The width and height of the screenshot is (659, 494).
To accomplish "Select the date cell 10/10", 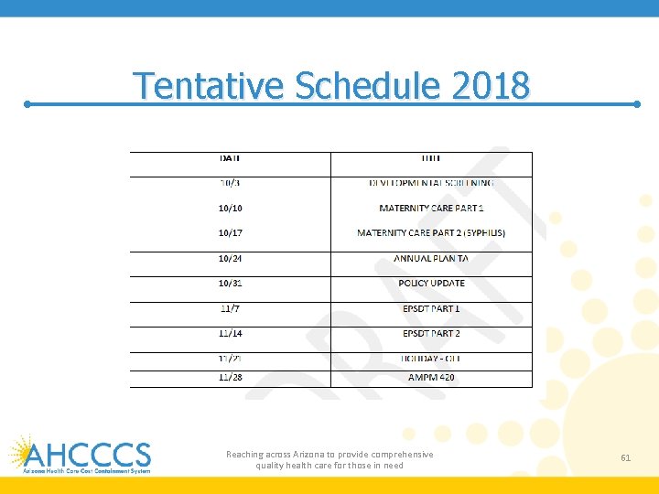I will (230, 209).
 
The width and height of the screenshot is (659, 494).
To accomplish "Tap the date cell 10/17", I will (230, 233).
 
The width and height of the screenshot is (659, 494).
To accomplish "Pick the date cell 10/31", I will (230, 284).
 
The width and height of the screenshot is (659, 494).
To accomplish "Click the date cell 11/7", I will (230, 308).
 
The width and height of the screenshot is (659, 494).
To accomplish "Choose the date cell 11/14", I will (230, 334).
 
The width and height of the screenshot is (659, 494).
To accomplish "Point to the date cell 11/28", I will (230, 377).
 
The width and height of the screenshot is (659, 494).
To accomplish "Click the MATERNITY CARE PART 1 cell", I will (430, 209).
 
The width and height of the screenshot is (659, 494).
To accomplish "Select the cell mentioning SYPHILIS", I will (430, 233).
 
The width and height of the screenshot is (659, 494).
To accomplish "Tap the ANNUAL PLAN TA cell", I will (430, 259).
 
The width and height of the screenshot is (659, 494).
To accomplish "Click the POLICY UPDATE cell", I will (431, 284).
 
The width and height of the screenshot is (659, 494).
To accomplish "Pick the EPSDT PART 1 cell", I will (431, 308).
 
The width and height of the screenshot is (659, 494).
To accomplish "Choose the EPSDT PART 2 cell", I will (431, 334).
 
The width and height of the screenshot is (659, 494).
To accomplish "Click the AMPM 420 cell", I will (431, 377).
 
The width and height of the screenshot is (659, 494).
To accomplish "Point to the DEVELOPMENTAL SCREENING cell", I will (430, 183).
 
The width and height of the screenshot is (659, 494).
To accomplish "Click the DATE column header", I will (230, 158).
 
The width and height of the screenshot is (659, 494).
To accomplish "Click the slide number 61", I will (626, 456).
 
